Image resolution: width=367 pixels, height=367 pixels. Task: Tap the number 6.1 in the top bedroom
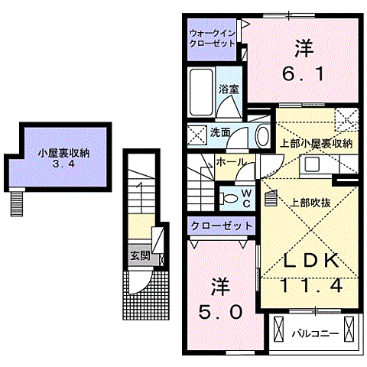(x=304, y=75)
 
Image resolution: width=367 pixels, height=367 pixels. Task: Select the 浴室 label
(x=229, y=89)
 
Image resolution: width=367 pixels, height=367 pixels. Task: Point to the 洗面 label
(x=221, y=132)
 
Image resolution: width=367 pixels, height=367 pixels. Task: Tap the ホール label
(x=230, y=162)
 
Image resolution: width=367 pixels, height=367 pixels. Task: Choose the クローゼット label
(x=221, y=226)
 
